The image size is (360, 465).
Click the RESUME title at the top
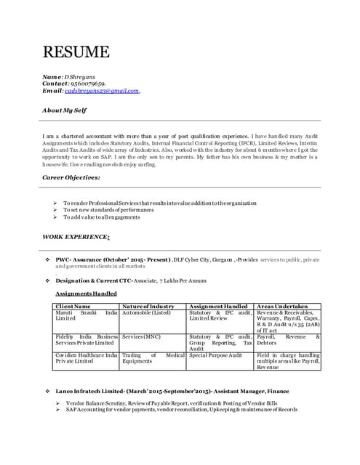click(76, 52)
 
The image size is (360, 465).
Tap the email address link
click(102, 91)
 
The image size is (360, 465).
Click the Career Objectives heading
click(71, 177)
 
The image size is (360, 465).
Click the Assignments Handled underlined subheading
click(86, 294)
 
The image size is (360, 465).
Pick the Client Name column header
click(73, 307)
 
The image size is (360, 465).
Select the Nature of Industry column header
click(149, 307)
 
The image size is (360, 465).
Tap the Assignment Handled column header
click(218, 307)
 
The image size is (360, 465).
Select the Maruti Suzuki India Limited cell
click(86, 316)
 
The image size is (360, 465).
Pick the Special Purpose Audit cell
click(215, 355)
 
